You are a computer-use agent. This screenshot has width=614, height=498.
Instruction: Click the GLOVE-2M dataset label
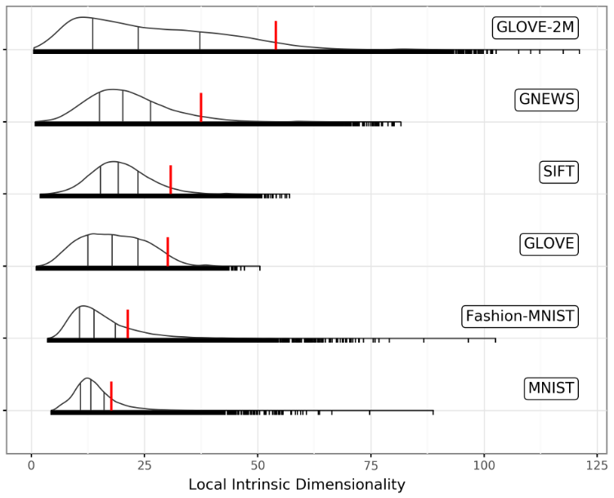[536, 28]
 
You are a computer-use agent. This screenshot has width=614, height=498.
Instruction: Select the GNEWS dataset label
[547, 100]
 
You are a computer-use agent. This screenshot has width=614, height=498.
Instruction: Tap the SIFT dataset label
[559, 172]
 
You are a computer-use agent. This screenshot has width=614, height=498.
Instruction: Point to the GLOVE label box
[549, 244]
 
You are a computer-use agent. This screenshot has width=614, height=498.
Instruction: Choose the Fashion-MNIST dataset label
[519, 316]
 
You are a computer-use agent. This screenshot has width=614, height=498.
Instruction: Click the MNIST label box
[552, 388]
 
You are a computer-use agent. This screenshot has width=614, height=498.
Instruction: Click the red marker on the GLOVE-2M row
[276, 36]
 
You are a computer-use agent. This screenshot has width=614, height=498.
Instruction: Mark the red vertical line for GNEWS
[200, 107]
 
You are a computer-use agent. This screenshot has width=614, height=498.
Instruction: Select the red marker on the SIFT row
[170, 179]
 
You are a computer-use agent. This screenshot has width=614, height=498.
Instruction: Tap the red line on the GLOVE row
[168, 251]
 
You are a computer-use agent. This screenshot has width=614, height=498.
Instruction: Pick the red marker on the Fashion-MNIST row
[128, 324]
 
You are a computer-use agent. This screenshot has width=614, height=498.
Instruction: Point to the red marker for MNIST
[111, 395]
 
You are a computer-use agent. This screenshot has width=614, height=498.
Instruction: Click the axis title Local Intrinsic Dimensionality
[297, 484]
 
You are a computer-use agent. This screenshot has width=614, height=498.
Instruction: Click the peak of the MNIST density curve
[86, 379]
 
